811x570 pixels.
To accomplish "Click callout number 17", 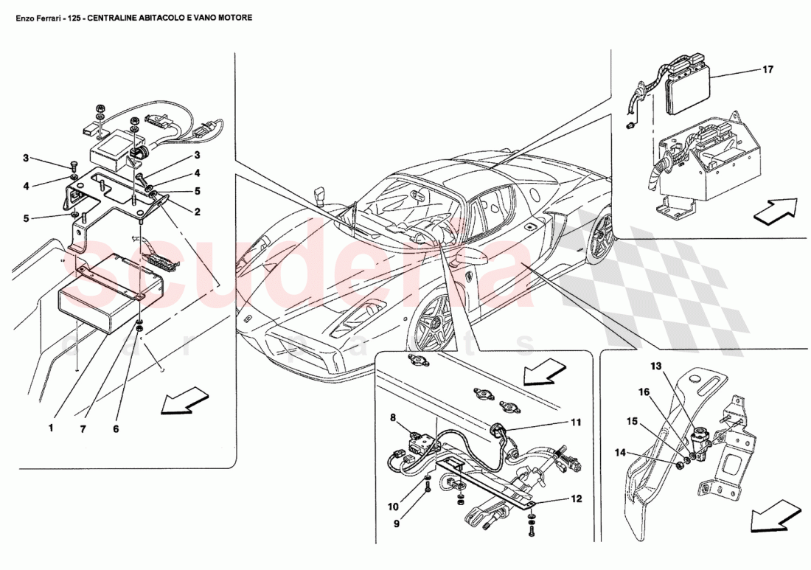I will coord(768,70).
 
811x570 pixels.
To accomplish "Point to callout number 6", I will coord(116,428).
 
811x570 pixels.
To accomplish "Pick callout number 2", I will coord(198,211).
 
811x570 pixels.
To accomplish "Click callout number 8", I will coord(394,417).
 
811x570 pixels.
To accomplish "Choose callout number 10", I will coord(393,507).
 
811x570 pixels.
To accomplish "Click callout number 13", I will coord(656,366).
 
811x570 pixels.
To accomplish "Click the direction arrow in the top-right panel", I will coord(775,209).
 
